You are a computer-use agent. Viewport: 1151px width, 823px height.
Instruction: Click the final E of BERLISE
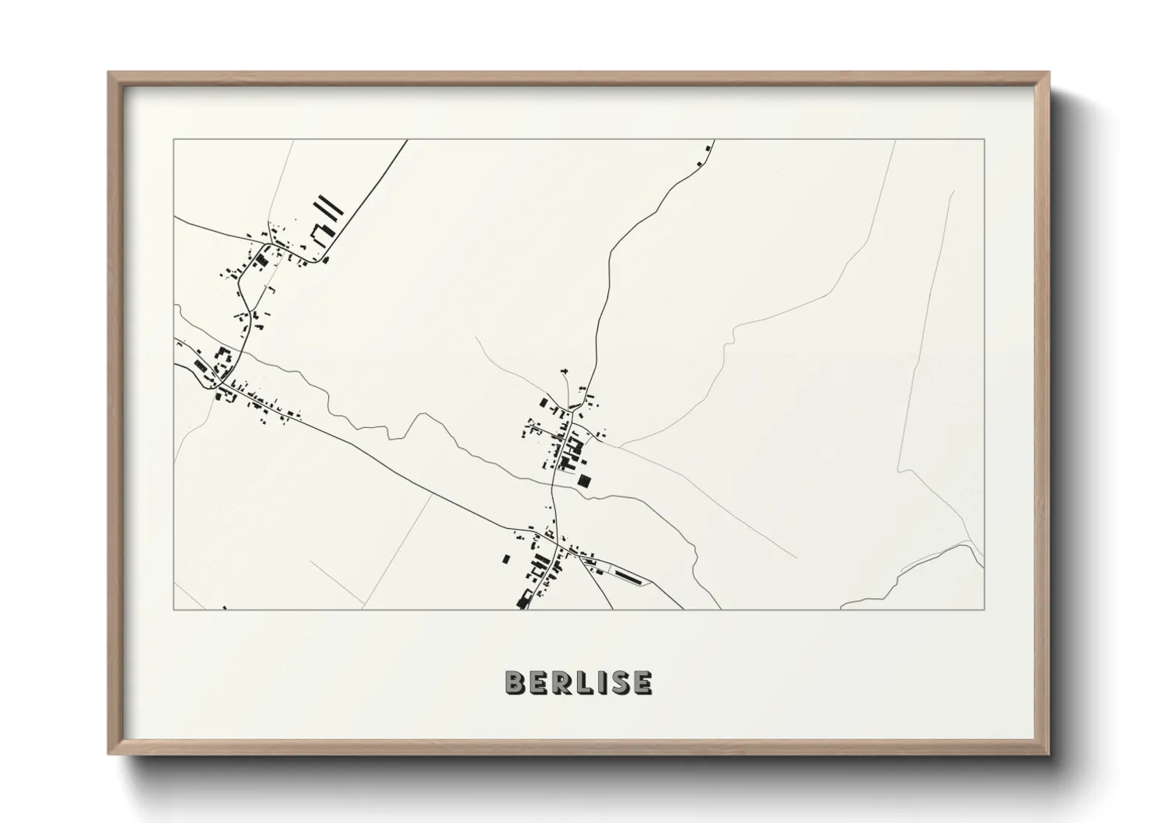[x=642, y=682]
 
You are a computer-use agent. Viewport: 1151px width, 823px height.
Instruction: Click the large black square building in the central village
[x=584, y=480]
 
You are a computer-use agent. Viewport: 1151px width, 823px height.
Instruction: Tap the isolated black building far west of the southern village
[x=506, y=559]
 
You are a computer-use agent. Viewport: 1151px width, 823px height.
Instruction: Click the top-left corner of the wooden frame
[x=109, y=73]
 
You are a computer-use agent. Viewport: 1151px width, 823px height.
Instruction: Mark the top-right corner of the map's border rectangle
[x=984, y=140]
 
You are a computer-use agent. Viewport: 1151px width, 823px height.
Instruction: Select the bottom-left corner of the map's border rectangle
[x=174, y=609]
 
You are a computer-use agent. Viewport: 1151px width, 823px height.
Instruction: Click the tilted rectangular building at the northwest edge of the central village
[x=544, y=402]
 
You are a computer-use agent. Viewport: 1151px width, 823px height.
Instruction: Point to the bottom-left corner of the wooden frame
[x=109, y=754]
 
